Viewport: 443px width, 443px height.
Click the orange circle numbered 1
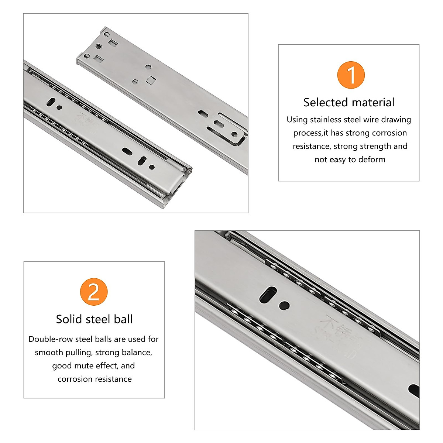point(351,75)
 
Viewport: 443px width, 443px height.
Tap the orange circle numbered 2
point(94,292)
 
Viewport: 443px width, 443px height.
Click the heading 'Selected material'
point(349,102)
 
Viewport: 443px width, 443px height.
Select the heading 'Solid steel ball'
point(94,319)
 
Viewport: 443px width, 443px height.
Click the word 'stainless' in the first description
point(326,120)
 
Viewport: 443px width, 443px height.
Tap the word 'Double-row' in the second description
point(51,339)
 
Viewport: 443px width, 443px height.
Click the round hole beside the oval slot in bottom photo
point(284,306)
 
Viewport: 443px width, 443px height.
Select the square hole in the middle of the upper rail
point(151,80)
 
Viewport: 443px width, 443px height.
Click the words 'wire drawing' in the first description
point(387,120)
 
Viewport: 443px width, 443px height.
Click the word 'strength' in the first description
point(373,146)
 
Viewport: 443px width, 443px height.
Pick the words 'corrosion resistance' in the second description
point(95,379)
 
